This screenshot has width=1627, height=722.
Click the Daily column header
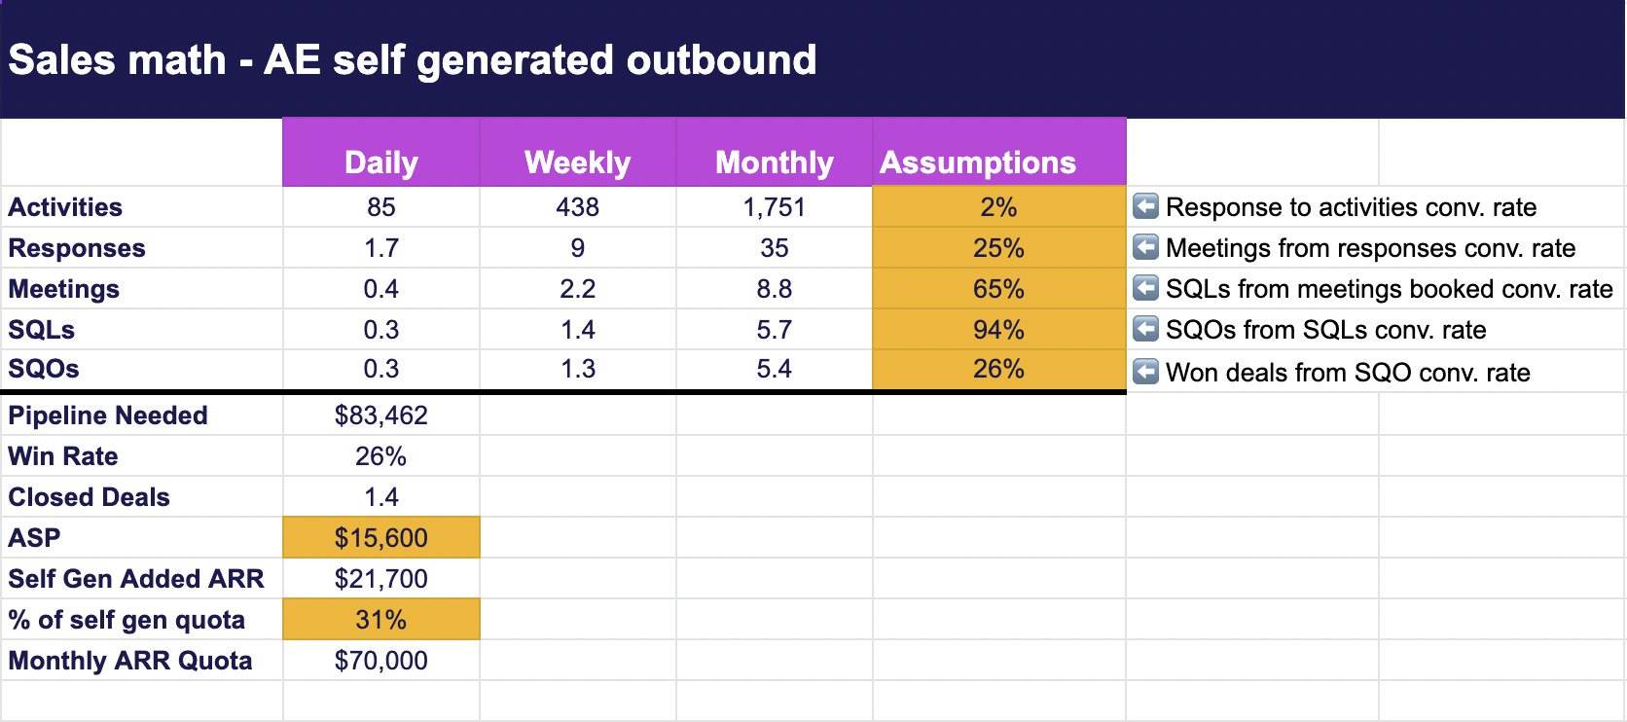380,162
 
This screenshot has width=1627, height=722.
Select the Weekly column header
577,162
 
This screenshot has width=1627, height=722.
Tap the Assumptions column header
977,162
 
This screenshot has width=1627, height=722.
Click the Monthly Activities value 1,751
774,207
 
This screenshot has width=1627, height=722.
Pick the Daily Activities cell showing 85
380,207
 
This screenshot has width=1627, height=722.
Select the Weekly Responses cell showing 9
577,248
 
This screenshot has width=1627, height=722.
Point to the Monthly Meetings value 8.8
774,289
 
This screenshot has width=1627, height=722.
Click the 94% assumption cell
998,330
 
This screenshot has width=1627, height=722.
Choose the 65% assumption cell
998,289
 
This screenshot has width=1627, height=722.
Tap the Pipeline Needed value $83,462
380,415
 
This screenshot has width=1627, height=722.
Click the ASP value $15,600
380,538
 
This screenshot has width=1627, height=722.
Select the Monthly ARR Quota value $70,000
380,661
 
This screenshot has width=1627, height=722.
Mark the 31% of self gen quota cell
380,620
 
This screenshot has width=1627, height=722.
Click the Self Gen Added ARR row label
136,579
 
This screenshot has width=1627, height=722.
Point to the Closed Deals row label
89,497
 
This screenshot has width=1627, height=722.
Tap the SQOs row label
43,369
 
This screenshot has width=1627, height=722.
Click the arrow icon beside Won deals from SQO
1145,372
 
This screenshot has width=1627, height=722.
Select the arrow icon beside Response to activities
1145,206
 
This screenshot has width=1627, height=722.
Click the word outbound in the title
720,59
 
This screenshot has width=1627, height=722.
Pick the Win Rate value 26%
380,456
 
